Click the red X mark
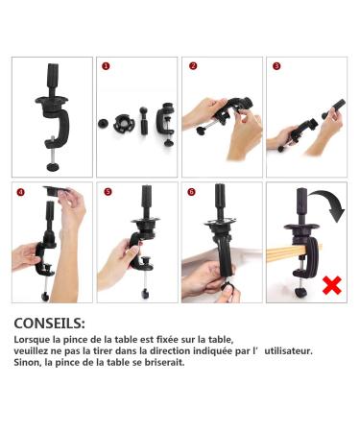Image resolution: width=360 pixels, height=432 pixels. tap(332, 284)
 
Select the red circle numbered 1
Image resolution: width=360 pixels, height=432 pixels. tap(106, 67)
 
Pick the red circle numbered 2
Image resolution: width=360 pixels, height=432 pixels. tap(192, 67)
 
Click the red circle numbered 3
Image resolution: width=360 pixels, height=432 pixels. tap(276, 67)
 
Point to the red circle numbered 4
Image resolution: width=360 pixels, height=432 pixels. tap(21, 192)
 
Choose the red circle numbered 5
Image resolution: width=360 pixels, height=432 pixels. tap(108, 192)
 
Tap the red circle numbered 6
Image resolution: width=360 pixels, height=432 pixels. tap(192, 192)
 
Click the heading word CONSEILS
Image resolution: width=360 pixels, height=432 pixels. tap(49, 324)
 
